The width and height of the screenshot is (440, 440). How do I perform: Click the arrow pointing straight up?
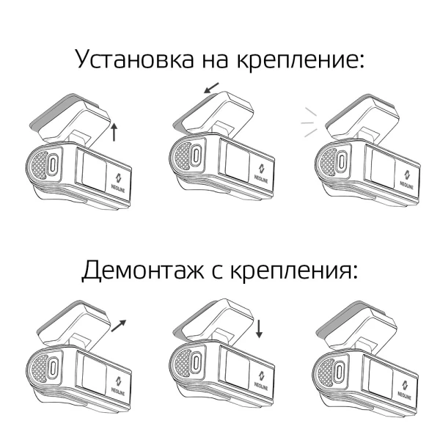[x=114, y=132]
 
